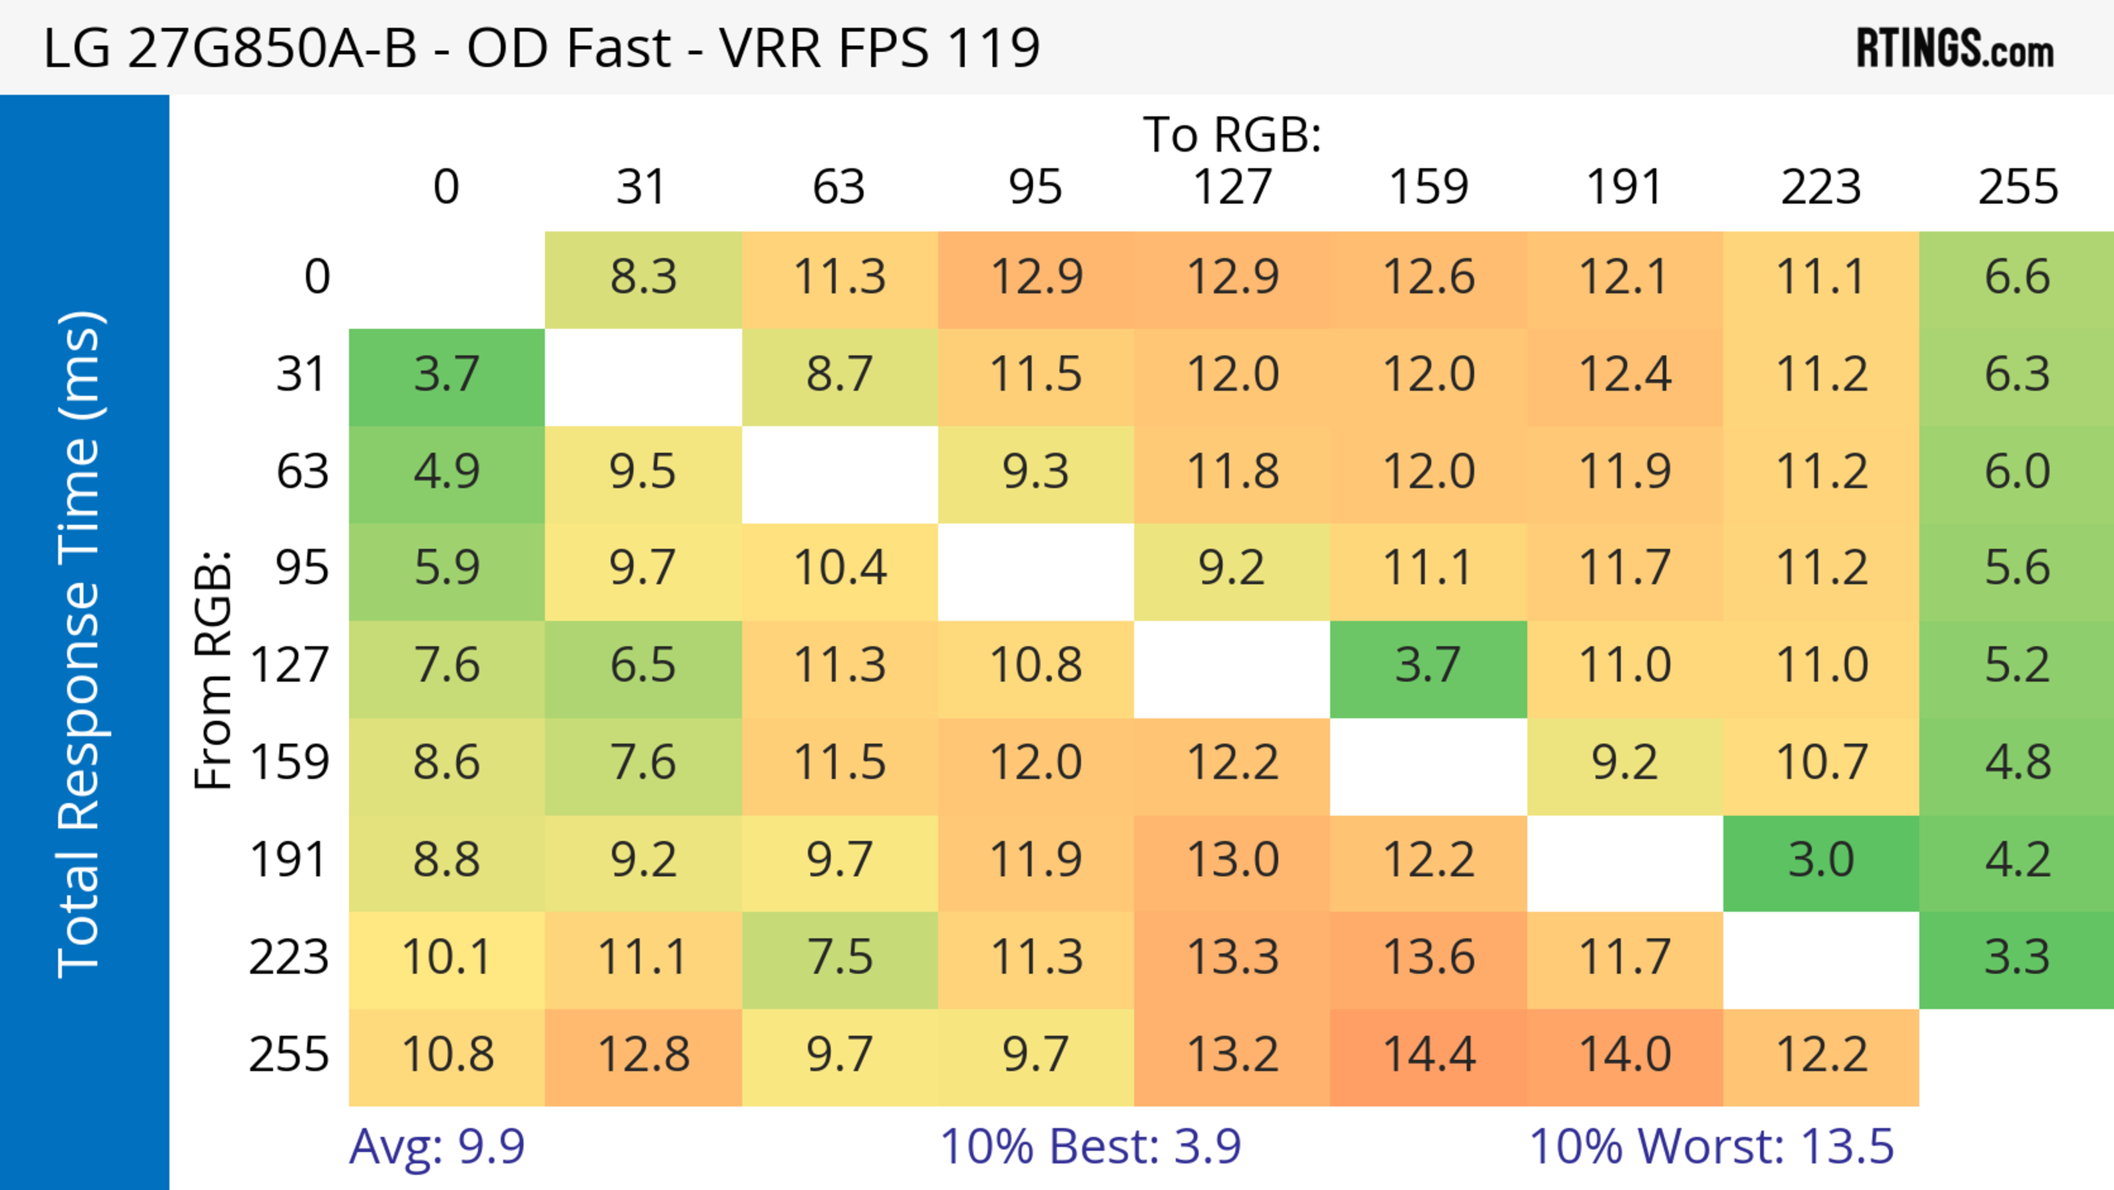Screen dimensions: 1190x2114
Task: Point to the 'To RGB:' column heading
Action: coord(1232,134)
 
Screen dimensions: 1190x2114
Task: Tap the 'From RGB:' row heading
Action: coord(213,670)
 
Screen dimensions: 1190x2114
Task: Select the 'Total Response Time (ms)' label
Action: coord(80,644)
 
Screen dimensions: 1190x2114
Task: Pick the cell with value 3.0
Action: coord(1821,861)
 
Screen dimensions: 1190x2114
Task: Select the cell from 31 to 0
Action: coord(446,375)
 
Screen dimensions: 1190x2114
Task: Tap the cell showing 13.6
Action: coord(1429,958)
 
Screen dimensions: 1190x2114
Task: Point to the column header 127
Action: coord(1232,187)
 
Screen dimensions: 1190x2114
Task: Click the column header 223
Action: coord(1821,187)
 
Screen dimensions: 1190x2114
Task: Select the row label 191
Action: coord(289,861)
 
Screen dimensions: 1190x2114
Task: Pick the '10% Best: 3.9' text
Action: coord(1090,1146)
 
